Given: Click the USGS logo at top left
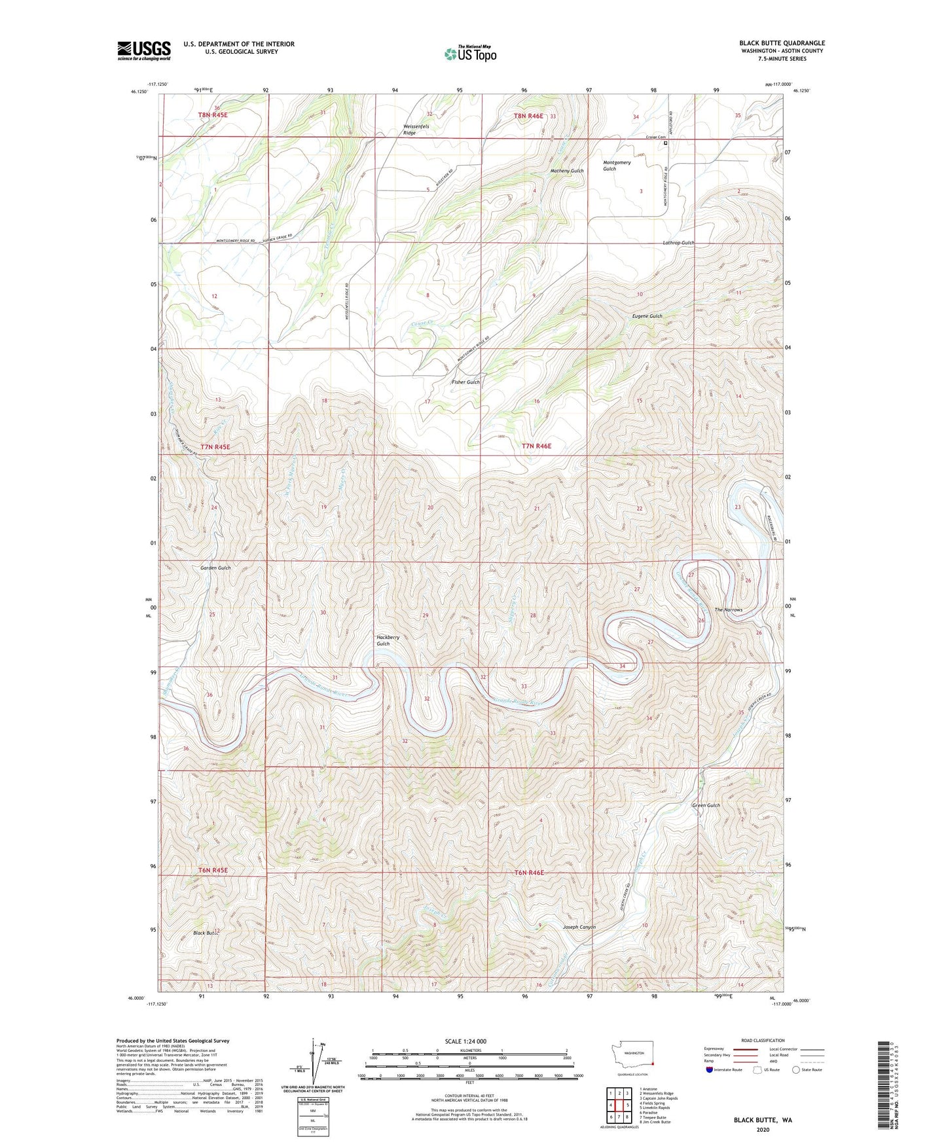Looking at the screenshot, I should click(x=143, y=50).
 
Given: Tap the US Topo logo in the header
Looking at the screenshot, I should click(x=470, y=54).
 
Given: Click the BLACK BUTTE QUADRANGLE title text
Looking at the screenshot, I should click(x=782, y=43).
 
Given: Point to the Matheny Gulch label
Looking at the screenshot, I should click(x=567, y=171).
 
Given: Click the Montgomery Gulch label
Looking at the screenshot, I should click(x=616, y=166).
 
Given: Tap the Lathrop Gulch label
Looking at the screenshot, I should click(x=678, y=243).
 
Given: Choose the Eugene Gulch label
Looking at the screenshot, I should click(x=647, y=316).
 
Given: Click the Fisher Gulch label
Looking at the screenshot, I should click(x=465, y=382).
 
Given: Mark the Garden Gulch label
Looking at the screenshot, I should click(x=215, y=568).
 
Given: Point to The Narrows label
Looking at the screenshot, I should click(x=728, y=610).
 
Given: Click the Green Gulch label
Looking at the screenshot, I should click(x=706, y=806).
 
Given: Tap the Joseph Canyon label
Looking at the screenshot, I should click(x=579, y=928).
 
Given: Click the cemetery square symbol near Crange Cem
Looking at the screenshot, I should click(x=666, y=143).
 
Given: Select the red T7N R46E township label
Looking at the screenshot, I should click(x=536, y=446).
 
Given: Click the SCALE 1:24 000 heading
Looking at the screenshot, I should click(x=465, y=1041).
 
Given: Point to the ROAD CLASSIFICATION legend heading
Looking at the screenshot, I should click(x=763, y=1040).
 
